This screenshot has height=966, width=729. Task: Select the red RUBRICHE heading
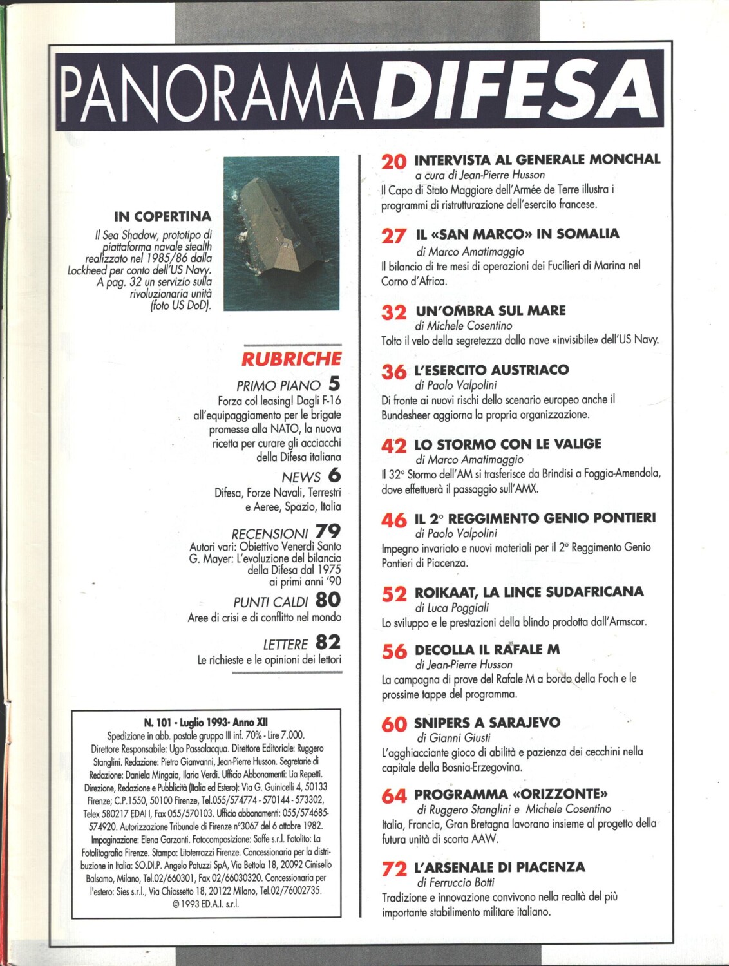(291, 359)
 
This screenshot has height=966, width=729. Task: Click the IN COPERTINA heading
(163, 216)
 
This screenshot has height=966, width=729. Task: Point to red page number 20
(393, 162)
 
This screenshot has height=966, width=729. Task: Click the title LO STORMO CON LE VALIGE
(507, 444)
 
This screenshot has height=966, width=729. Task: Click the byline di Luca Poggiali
(452, 607)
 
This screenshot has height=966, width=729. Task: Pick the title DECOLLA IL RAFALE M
(487, 649)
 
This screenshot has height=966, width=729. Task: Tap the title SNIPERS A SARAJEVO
(487, 723)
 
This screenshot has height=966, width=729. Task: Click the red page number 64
(393, 797)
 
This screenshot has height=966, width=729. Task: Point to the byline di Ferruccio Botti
(455, 882)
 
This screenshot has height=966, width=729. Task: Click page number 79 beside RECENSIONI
(328, 531)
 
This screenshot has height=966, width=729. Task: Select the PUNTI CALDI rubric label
(270, 602)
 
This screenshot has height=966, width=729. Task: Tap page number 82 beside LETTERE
(328, 642)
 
